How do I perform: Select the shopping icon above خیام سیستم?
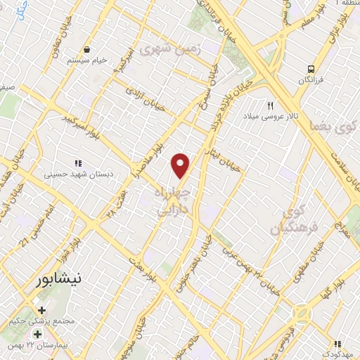point(86,51)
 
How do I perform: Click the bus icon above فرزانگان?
point(310,69)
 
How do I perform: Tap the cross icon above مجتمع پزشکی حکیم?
point(41,310)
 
